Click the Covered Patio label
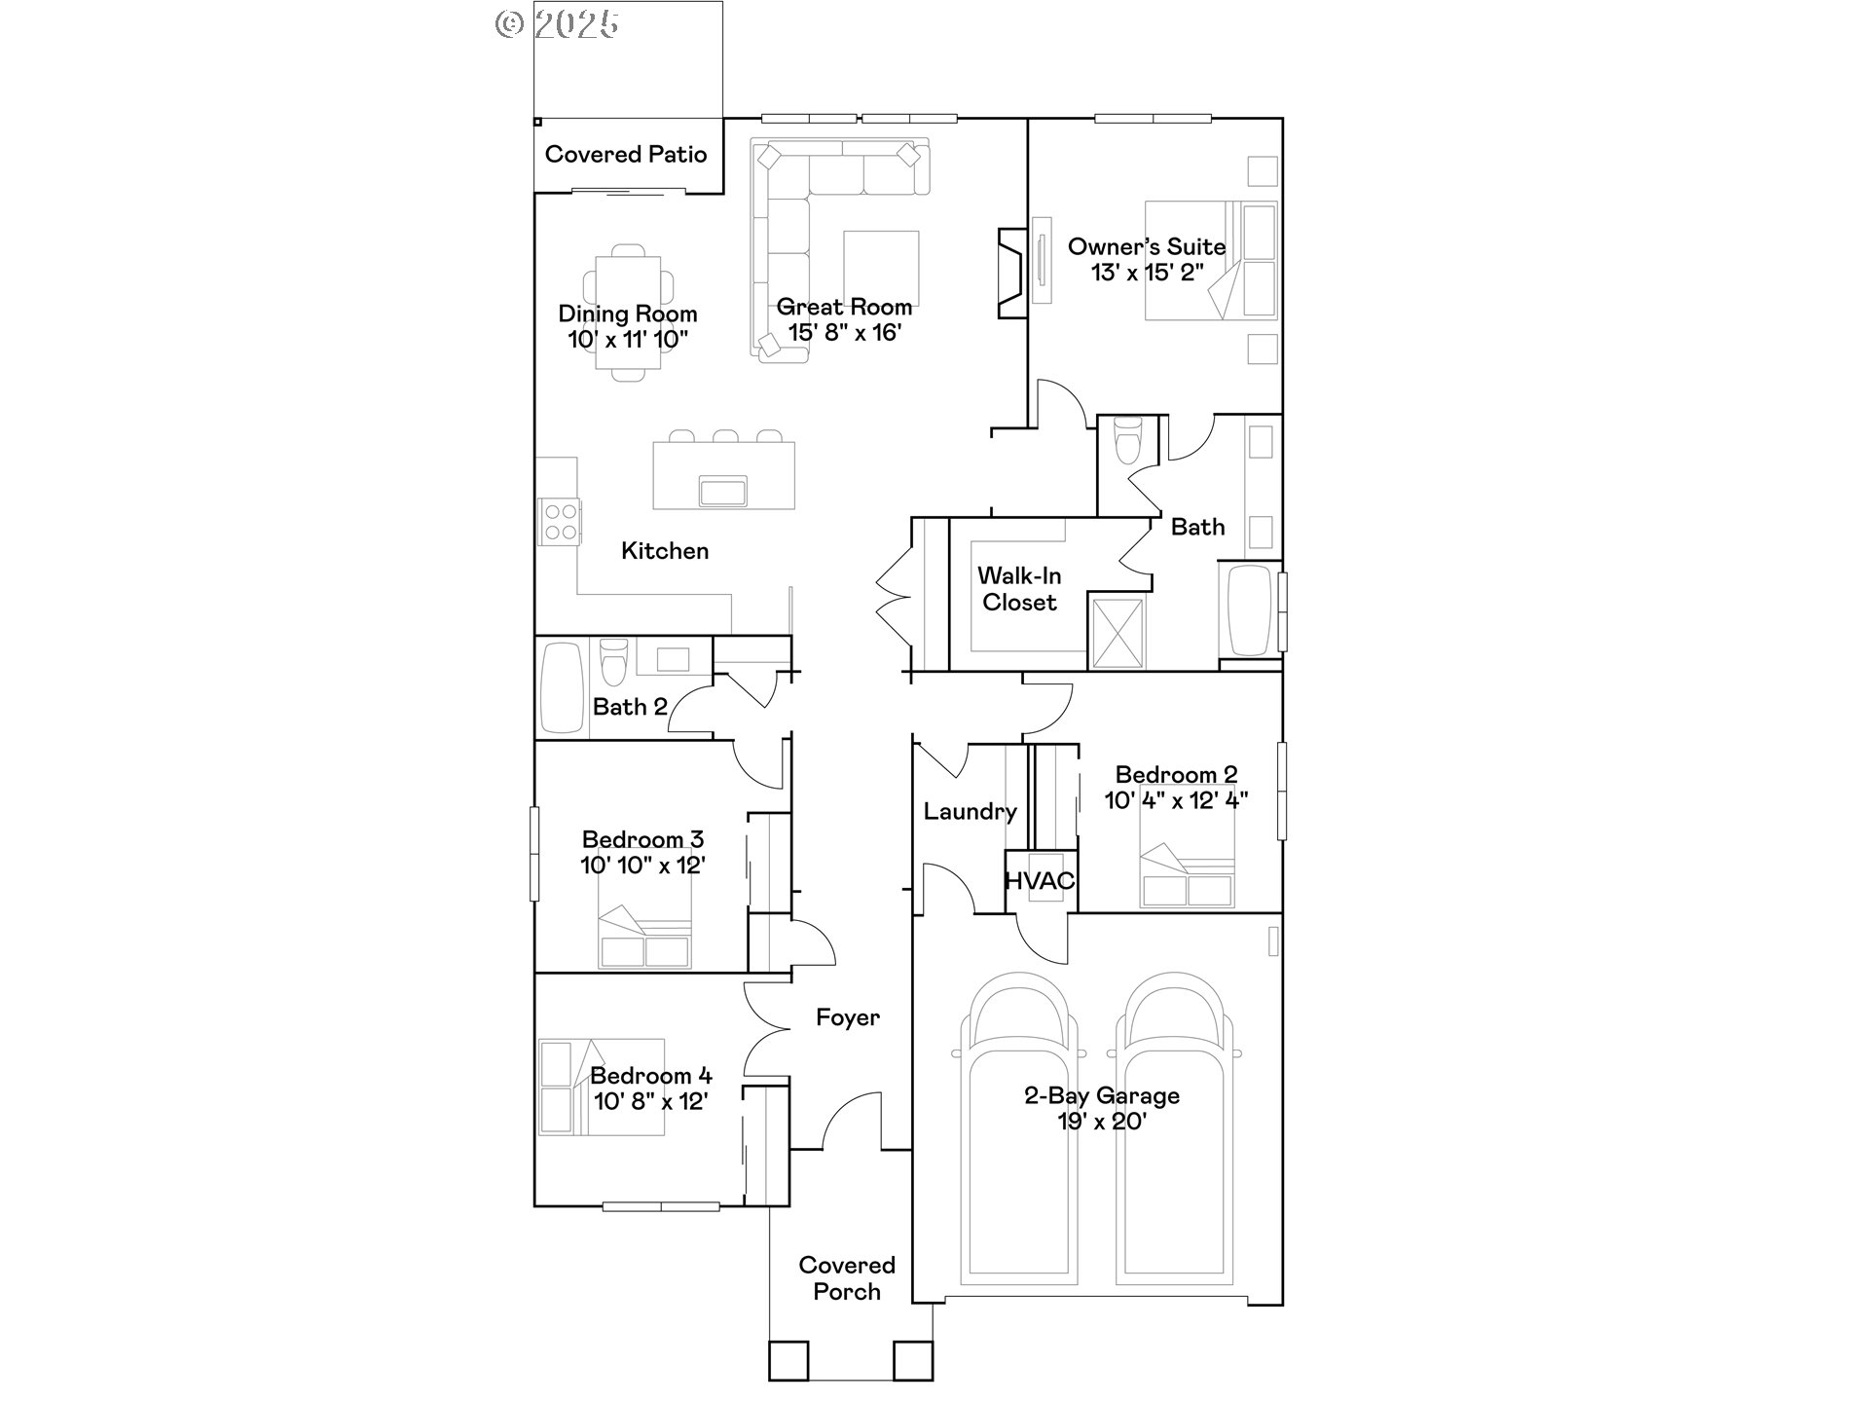click(x=626, y=154)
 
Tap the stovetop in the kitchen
click(x=560, y=521)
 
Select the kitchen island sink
click(x=722, y=491)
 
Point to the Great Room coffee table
click(x=881, y=268)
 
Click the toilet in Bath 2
click(x=613, y=664)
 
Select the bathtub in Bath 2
click(x=561, y=687)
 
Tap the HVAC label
click(x=1040, y=881)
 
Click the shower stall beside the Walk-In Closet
click(x=1118, y=632)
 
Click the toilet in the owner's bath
click(x=1127, y=442)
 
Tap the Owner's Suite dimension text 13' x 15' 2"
click(x=1147, y=273)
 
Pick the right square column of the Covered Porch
click(x=913, y=1360)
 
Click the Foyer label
click(x=847, y=1017)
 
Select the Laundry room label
click(x=970, y=811)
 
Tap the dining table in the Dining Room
click(x=628, y=312)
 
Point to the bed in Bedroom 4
click(x=602, y=1087)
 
